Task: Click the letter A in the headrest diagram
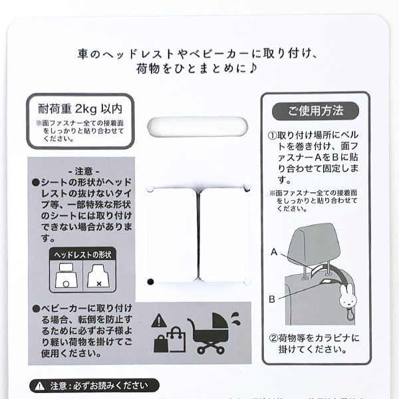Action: click(274, 252)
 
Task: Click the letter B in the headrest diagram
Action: click(272, 299)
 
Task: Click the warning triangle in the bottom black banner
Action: click(41, 385)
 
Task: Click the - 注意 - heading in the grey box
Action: click(83, 170)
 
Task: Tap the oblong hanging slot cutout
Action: click(199, 126)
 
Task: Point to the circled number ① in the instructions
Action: click(273, 134)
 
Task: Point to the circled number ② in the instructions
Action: click(273, 336)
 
